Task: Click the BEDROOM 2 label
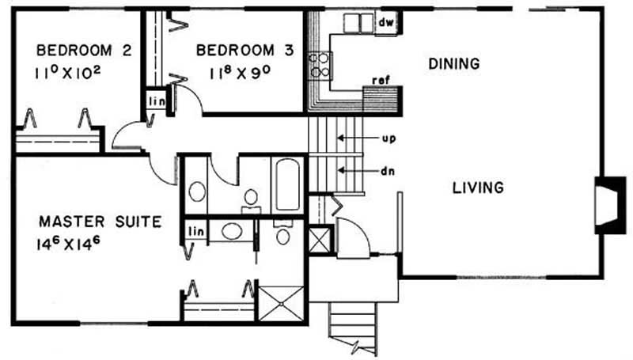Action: pos(84,51)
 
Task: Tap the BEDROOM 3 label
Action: pos(245,51)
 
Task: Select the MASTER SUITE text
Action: pos(100,222)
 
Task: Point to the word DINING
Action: pos(454,64)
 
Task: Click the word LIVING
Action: pos(478,188)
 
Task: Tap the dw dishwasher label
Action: pos(386,22)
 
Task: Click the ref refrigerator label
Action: pos(381,81)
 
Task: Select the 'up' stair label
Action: pos(389,138)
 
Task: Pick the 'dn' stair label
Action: pos(388,171)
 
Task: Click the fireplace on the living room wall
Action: pos(609,205)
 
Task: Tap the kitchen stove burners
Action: pos(320,66)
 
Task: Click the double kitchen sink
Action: pos(359,23)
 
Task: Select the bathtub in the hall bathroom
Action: pos(287,184)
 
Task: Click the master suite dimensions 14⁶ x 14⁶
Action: pos(69,244)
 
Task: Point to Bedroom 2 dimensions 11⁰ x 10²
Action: pos(68,73)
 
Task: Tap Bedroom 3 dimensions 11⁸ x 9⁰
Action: pos(240,73)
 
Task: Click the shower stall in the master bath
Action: pos(281,304)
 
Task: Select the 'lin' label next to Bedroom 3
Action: pos(157,101)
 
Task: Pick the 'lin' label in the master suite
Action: pos(196,231)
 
